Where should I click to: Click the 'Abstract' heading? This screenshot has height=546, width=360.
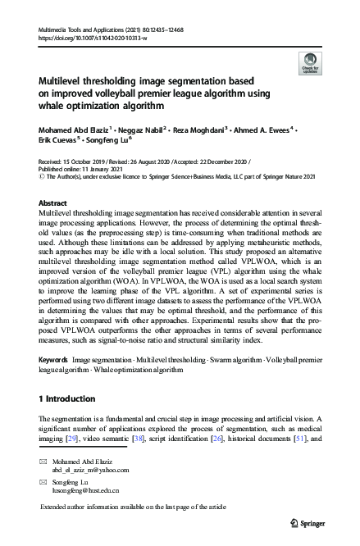53,201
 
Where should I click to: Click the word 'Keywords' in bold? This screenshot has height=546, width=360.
53,360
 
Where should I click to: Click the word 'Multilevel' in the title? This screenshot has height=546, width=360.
63,81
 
